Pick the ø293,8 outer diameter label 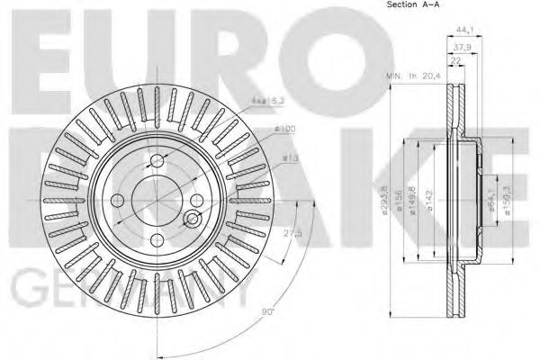coord(385,202)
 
